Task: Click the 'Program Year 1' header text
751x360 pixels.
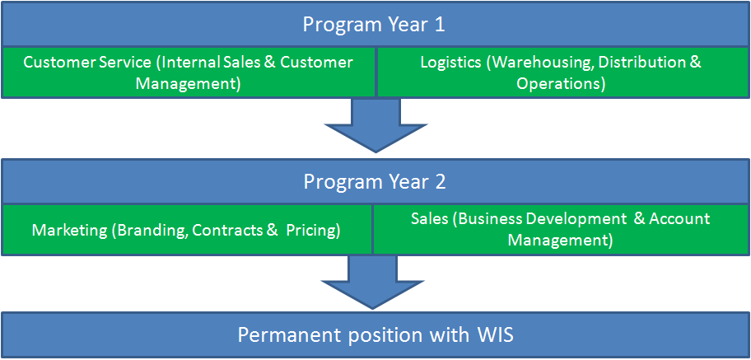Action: (x=374, y=25)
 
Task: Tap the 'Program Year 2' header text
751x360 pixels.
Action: (x=375, y=182)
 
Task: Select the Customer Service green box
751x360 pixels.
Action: (x=189, y=72)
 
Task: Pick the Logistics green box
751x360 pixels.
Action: (x=563, y=72)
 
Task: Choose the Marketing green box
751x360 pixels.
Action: (x=186, y=230)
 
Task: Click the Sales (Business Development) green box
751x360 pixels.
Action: (x=561, y=230)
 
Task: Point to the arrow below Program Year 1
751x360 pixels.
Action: (x=376, y=125)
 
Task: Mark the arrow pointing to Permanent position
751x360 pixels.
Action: (x=373, y=283)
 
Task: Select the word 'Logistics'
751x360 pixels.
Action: (x=450, y=63)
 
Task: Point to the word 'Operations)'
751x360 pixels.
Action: (x=561, y=84)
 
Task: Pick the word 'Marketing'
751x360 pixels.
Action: (x=69, y=231)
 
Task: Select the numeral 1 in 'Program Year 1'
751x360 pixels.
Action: (x=439, y=25)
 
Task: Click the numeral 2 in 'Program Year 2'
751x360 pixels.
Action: (x=441, y=182)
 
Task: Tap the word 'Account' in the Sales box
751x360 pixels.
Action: (x=679, y=219)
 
